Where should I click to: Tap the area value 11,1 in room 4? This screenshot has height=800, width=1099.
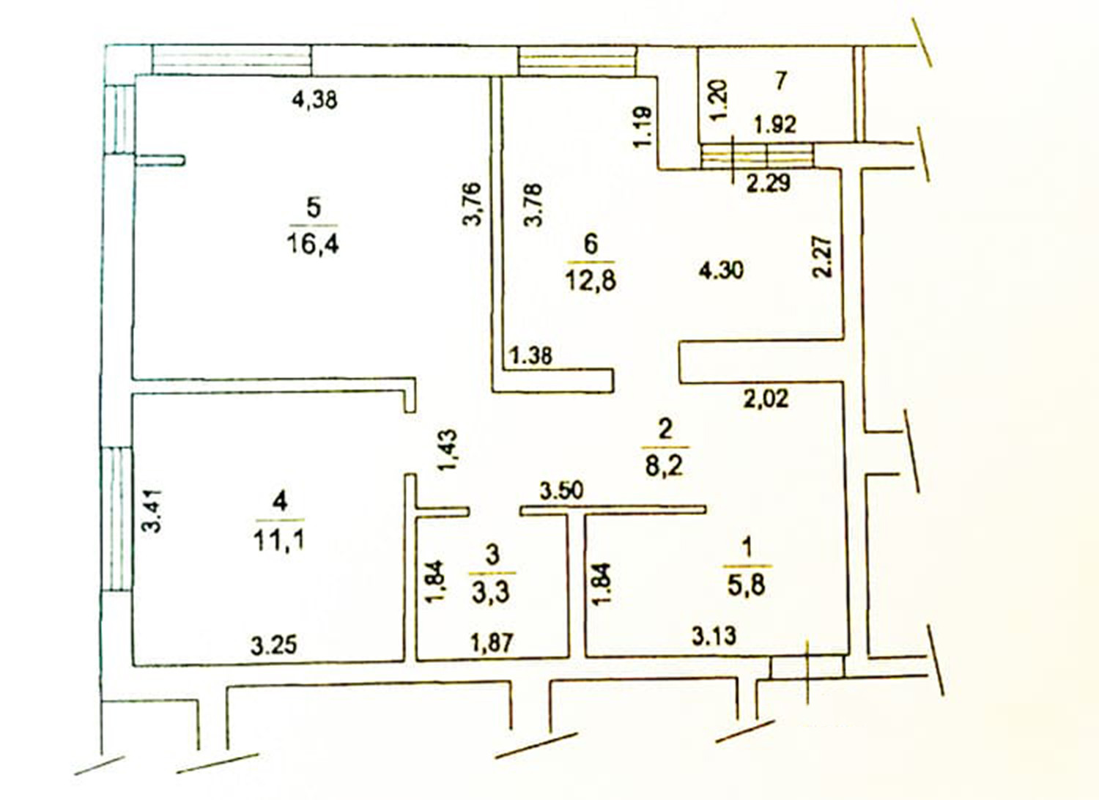[278, 540]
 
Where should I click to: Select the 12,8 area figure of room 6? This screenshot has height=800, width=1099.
[590, 279]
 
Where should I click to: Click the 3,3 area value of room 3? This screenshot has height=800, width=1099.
[492, 591]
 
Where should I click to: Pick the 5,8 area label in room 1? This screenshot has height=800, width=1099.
[747, 585]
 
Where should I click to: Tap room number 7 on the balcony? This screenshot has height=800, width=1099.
[781, 81]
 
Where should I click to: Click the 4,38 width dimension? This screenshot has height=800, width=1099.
[314, 99]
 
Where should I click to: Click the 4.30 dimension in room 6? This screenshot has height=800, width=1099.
[721, 270]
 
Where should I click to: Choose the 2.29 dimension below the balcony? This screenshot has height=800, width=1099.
[768, 182]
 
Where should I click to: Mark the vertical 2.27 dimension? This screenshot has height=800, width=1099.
[823, 255]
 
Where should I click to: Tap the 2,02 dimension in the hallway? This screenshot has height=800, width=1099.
[766, 399]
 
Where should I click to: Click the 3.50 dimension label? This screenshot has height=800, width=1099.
[562, 490]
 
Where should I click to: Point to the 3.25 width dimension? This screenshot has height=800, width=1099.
[273, 645]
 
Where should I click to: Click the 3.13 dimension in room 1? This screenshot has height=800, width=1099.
[714, 635]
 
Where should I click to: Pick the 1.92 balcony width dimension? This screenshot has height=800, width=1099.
[775, 125]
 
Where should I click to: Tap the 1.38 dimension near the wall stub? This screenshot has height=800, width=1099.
[531, 357]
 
